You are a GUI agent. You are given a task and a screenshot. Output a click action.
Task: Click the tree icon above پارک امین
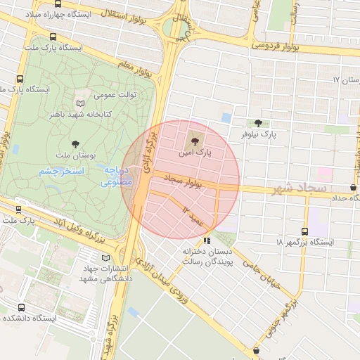[195, 136]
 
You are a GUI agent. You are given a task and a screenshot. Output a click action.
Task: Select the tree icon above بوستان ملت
[75, 143]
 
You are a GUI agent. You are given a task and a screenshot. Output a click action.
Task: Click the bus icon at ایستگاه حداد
[352, 187]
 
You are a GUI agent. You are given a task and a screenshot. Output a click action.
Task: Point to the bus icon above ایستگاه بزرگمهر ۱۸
[304, 231]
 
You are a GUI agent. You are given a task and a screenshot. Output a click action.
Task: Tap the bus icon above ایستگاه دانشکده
[21, 307]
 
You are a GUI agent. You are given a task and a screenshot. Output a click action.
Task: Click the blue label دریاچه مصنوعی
[114, 176]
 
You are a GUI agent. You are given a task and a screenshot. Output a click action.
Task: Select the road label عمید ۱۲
[193, 216]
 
